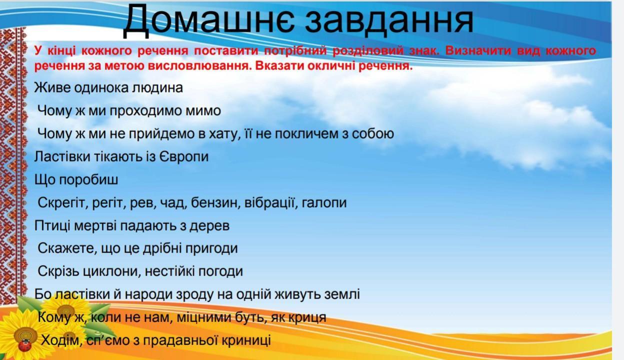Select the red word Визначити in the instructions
(x=478, y=50)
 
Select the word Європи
(x=184, y=157)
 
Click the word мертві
(x=95, y=226)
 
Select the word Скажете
(x=67, y=248)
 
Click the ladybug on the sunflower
(x=25, y=345)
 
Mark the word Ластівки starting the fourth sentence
(x=62, y=157)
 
